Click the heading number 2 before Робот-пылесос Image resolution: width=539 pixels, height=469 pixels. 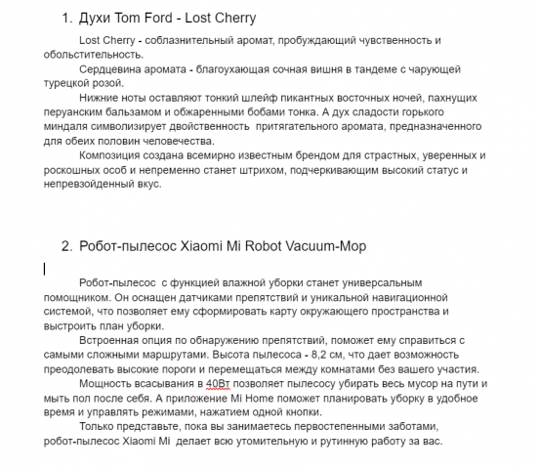coord(65,245)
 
